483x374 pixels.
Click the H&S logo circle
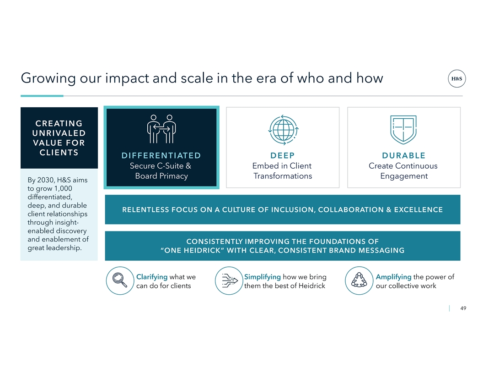click(x=456, y=79)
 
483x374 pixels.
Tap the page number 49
click(x=463, y=308)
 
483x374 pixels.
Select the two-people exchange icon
click(x=161, y=129)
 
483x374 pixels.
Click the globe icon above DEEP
click(x=283, y=130)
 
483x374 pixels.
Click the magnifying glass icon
click(x=120, y=280)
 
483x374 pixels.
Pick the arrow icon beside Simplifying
click(x=229, y=280)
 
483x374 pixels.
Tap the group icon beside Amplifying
click(x=359, y=280)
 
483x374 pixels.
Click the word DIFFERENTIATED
click(x=161, y=155)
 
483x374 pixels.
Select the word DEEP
click(x=283, y=155)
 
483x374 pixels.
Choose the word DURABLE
click(x=403, y=155)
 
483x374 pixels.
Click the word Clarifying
click(x=152, y=277)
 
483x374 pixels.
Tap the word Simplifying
click(x=263, y=277)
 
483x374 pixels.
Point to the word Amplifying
click(x=393, y=277)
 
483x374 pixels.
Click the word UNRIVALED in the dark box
click(x=59, y=133)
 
